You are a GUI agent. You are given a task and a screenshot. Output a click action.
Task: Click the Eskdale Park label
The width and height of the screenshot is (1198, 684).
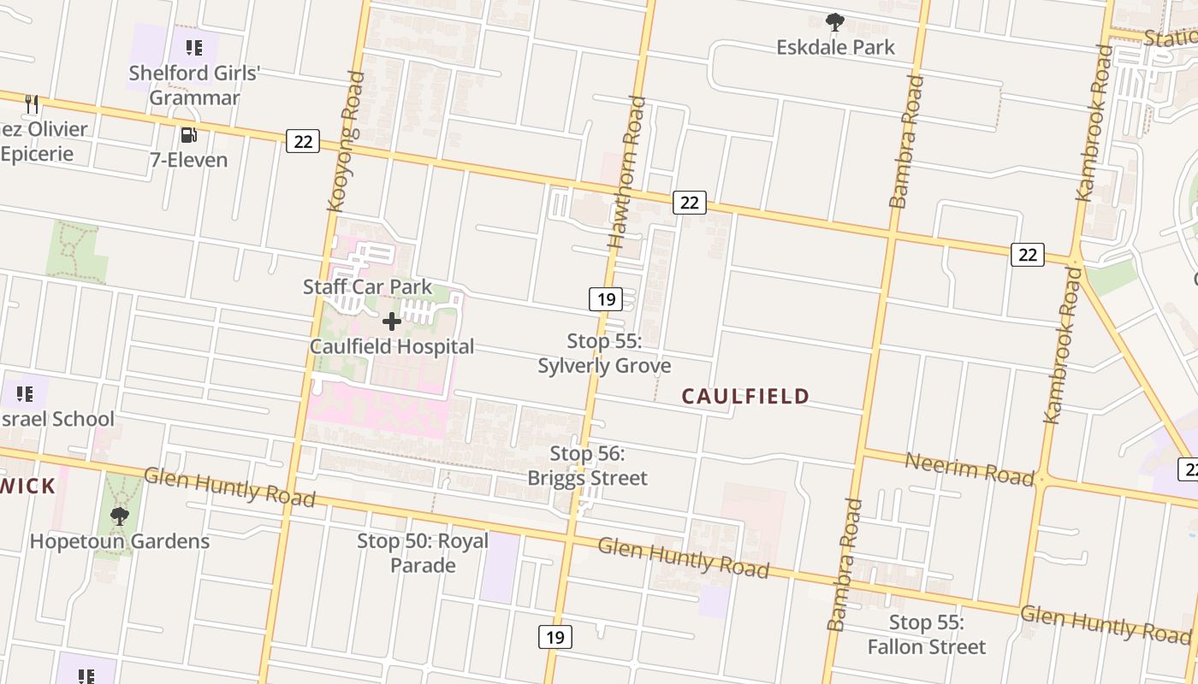(x=835, y=47)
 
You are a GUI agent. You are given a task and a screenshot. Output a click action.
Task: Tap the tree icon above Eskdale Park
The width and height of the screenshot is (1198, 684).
(x=835, y=22)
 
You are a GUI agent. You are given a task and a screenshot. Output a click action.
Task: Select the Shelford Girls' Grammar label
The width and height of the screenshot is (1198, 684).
(x=194, y=85)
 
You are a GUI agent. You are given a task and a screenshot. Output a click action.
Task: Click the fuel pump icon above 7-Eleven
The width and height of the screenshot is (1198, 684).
(x=189, y=135)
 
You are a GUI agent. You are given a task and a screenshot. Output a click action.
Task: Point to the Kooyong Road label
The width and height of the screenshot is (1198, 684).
(x=346, y=141)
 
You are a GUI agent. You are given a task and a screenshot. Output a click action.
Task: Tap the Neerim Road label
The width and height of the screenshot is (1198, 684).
(x=970, y=469)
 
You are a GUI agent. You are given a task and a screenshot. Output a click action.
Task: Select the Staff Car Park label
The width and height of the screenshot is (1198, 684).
(x=368, y=287)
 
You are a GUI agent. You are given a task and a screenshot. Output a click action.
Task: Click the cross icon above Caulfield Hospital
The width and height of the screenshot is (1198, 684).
(x=392, y=321)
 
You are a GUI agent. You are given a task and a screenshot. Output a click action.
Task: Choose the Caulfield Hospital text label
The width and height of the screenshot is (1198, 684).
(x=392, y=346)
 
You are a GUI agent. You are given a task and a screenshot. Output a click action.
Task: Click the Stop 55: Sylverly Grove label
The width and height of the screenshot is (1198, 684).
(x=604, y=353)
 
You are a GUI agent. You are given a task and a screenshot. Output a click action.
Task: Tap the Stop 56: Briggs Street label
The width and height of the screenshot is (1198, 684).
(x=587, y=466)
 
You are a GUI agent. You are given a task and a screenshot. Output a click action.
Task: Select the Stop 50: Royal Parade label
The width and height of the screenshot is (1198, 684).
(x=423, y=552)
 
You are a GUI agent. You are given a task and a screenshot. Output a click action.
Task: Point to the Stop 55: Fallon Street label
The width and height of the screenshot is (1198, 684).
(x=927, y=634)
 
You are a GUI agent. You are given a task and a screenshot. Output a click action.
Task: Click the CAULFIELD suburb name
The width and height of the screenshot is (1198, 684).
(x=745, y=396)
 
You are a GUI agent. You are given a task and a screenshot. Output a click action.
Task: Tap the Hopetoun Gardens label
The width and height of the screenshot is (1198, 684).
(x=119, y=541)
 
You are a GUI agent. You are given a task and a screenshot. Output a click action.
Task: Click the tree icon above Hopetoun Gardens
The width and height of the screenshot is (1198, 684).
(x=119, y=516)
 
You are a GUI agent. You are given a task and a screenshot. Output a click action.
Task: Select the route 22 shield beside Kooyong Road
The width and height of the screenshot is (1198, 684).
(x=303, y=141)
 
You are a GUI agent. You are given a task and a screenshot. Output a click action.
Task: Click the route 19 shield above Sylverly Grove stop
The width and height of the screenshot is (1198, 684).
(x=605, y=299)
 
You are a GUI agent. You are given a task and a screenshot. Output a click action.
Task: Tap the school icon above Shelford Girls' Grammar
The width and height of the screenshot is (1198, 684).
(x=194, y=48)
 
